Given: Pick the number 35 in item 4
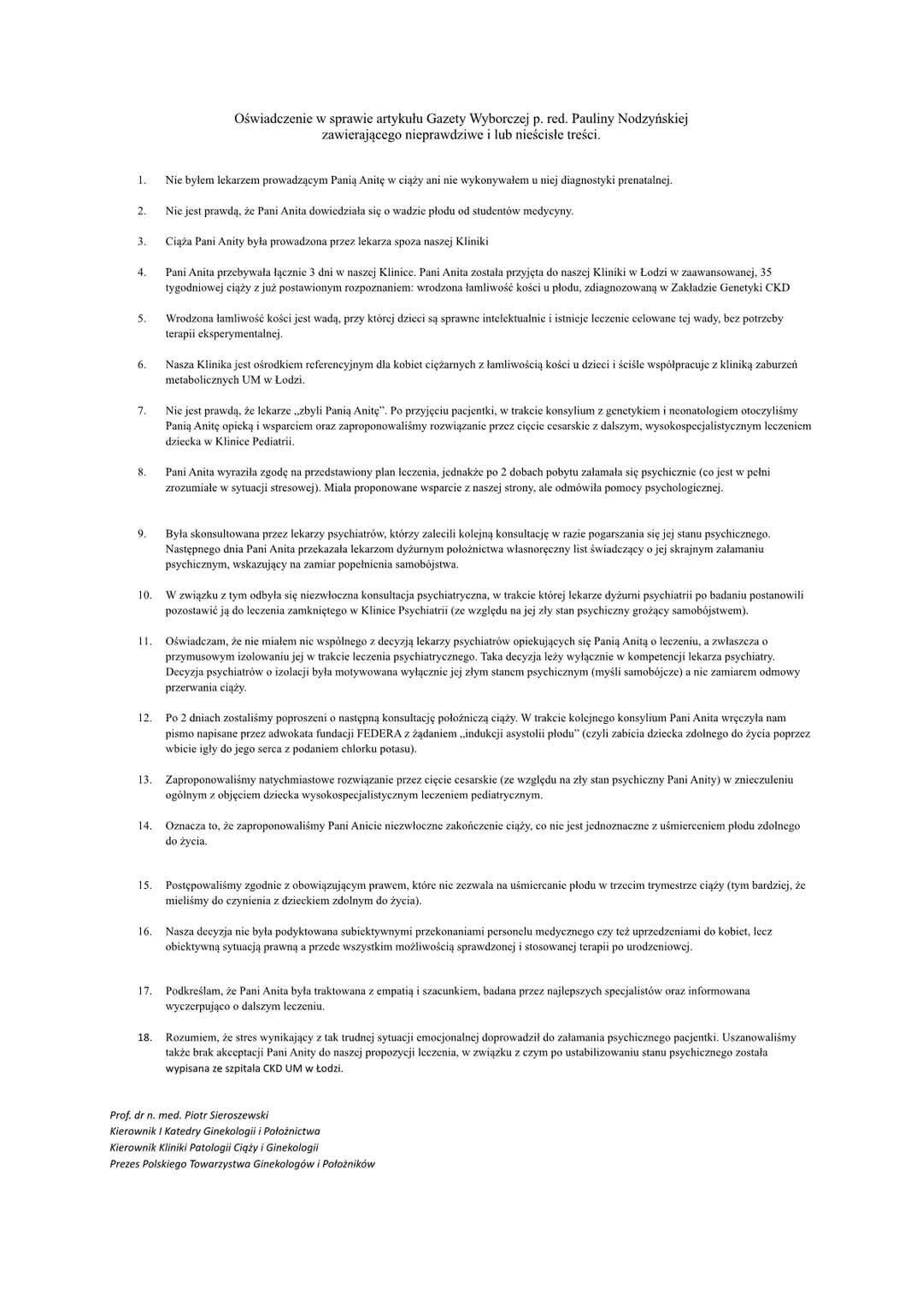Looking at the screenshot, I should pyautogui.click(x=766, y=273).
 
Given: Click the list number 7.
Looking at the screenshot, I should pyautogui.click(x=142, y=411).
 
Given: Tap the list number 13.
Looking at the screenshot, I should pyautogui.click(x=144, y=779).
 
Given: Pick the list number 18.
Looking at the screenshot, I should pyautogui.click(x=144, y=1038).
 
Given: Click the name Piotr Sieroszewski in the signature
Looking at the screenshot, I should pyautogui.click(x=226, y=1115).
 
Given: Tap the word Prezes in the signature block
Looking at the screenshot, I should pyautogui.click(x=125, y=1164).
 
